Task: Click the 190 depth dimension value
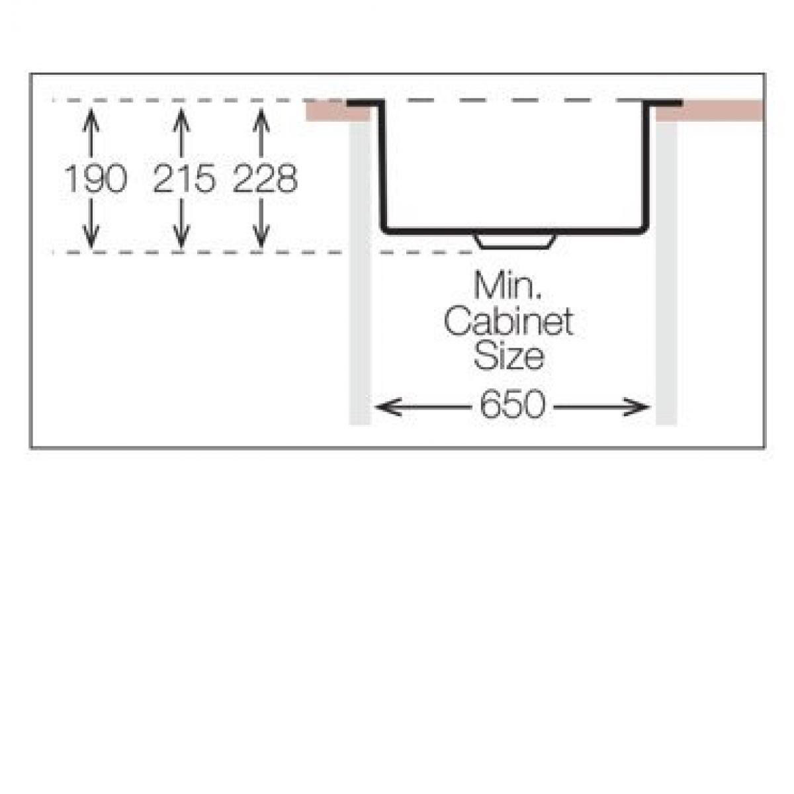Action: point(95,178)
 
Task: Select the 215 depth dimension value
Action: point(184,178)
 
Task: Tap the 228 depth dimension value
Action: point(265,178)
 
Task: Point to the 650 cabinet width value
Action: point(513,404)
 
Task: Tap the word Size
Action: point(509,357)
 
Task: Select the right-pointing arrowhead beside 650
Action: point(637,407)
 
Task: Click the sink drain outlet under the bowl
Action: point(515,242)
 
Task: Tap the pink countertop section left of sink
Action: point(338,112)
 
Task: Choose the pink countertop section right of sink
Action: point(709,111)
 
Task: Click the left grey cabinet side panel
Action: point(360,273)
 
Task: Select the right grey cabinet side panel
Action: point(666,273)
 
